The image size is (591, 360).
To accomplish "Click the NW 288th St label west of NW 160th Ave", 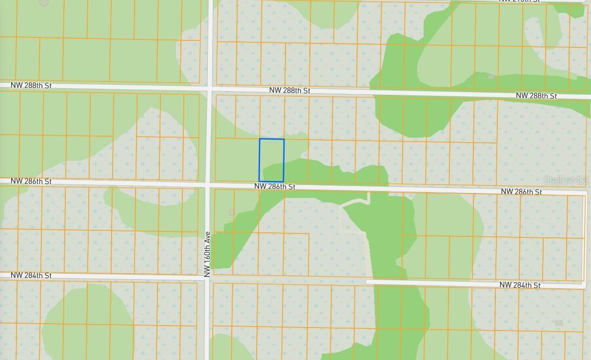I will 31,86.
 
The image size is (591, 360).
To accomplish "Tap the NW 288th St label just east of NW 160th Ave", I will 290,91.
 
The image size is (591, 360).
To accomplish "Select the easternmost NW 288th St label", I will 536,96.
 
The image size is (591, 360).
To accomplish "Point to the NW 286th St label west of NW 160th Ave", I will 31,181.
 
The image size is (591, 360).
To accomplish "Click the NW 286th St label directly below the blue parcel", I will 275,186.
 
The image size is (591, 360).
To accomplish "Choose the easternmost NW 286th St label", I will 521,191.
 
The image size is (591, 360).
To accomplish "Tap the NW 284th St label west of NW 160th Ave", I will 31,275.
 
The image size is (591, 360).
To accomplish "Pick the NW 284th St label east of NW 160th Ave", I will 520,285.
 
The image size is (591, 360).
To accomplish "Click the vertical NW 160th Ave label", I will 207,254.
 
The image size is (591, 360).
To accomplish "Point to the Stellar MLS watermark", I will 566,180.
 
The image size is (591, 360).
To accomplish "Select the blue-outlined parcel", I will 272,160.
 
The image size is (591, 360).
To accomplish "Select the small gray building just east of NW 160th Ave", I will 231,212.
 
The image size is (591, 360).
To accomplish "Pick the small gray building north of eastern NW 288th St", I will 491,77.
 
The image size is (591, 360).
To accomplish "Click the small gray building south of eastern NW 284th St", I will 559,323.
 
